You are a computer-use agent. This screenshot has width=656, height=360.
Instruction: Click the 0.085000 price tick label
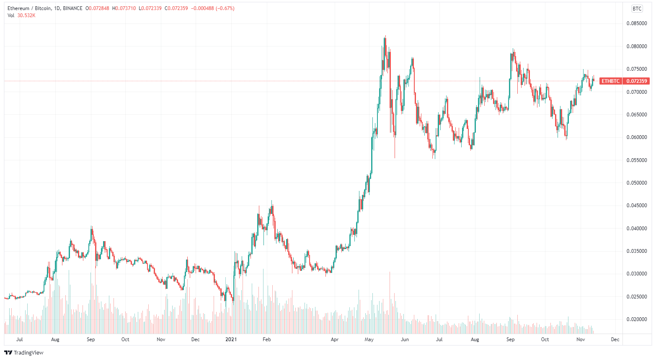pos(636,23)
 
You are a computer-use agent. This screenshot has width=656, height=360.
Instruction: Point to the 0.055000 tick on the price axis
pos(636,160)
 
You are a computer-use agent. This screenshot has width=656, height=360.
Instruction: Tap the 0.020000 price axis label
pos(636,319)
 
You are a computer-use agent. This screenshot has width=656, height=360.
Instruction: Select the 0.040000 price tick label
pos(636,229)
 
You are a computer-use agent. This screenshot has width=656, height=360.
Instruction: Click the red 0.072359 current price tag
pos(636,81)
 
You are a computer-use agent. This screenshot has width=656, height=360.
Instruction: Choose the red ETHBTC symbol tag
pos(610,81)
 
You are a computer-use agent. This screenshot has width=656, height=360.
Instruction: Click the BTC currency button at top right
pos(637,9)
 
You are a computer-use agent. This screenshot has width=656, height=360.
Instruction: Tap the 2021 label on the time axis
pos(231,339)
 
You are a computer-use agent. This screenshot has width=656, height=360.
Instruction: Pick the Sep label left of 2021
pos(91,339)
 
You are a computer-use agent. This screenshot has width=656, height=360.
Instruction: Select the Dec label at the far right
pos(615,339)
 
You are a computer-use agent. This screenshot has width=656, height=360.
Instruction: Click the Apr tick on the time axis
pos(334,339)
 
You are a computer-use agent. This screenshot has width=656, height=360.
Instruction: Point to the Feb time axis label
pos(266,339)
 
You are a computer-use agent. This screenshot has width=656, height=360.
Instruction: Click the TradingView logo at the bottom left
pos(24,352)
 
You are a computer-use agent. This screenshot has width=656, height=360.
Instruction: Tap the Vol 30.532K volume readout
pos(21,15)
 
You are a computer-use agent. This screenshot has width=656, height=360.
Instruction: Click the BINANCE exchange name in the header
pos(72,8)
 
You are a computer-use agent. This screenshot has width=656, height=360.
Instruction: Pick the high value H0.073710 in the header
pos(124,8)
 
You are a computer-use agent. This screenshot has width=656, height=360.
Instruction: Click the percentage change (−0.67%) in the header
pos(225,8)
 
